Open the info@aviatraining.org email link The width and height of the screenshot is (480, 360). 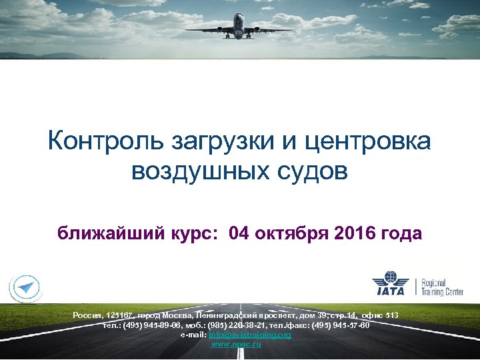tap(250, 334)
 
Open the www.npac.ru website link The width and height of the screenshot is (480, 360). tap(235, 343)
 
